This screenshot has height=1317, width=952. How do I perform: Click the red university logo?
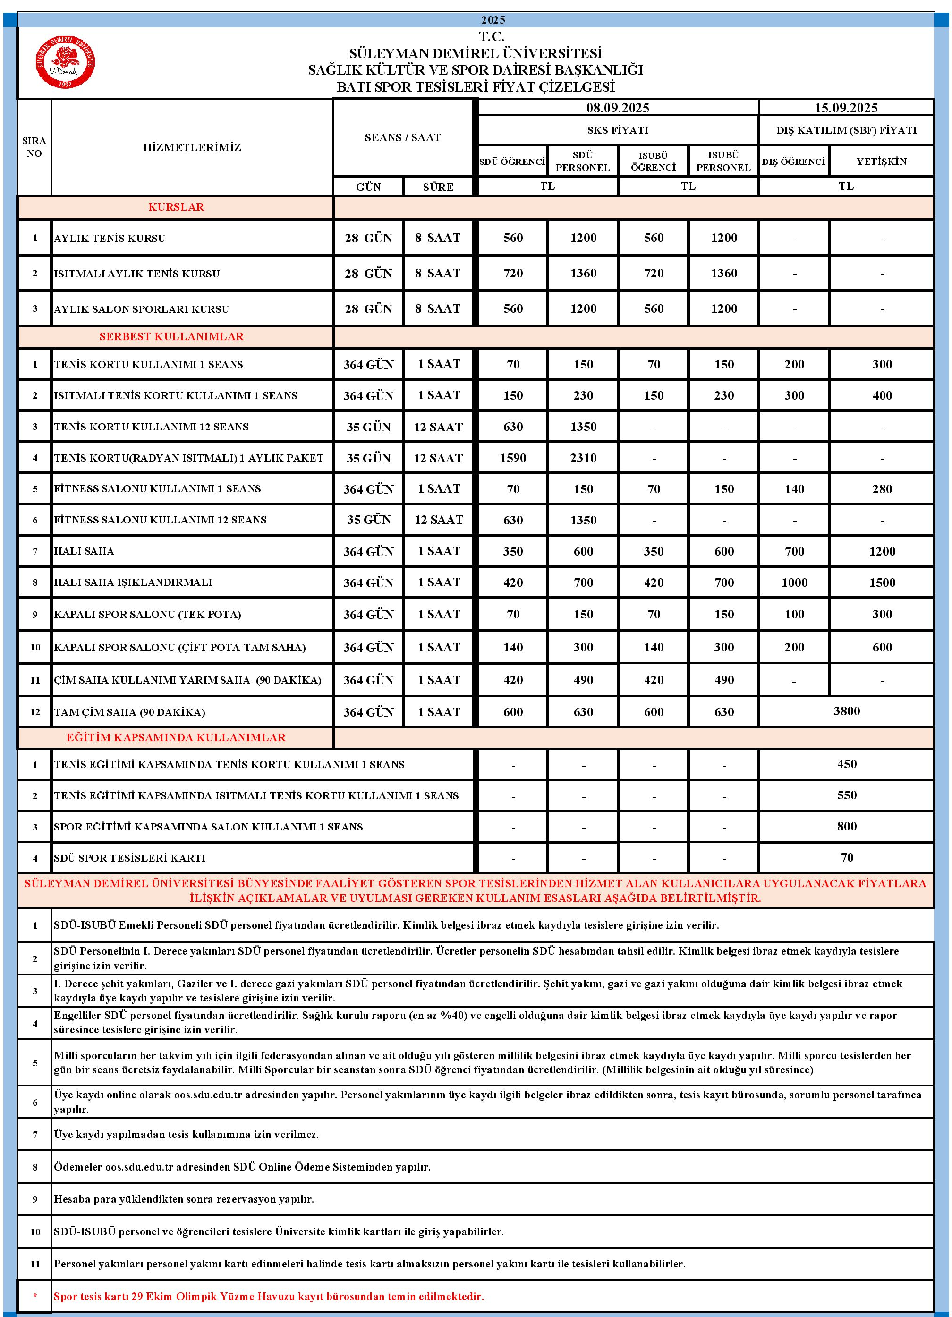coord(65,62)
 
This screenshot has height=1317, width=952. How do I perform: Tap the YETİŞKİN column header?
coord(881,162)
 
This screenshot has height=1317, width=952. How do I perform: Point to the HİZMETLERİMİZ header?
coord(192,147)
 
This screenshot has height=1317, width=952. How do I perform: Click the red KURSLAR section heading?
coord(176,207)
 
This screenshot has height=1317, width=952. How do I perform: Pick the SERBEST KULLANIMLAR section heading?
coord(171,337)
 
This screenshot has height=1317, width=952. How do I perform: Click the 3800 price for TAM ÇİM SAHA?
coord(846,711)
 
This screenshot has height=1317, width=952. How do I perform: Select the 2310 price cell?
coord(583,458)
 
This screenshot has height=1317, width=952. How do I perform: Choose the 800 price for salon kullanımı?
coord(846,826)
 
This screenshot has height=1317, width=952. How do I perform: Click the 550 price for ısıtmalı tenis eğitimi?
coord(846,795)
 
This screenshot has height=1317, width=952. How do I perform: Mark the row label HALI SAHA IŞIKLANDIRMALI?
coord(133,582)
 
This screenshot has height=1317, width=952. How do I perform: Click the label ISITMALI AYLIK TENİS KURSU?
coord(136,274)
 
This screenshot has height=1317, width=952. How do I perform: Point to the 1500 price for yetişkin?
coord(882,582)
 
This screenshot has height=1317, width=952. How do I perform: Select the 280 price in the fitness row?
coord(882,489)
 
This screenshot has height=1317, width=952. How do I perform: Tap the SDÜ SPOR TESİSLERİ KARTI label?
coord(129,858)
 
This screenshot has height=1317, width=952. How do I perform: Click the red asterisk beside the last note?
coord(35,1297)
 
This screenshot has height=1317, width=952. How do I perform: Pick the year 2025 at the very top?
coord(493,20)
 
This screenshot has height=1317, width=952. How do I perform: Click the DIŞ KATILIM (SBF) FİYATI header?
coord(846,130)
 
